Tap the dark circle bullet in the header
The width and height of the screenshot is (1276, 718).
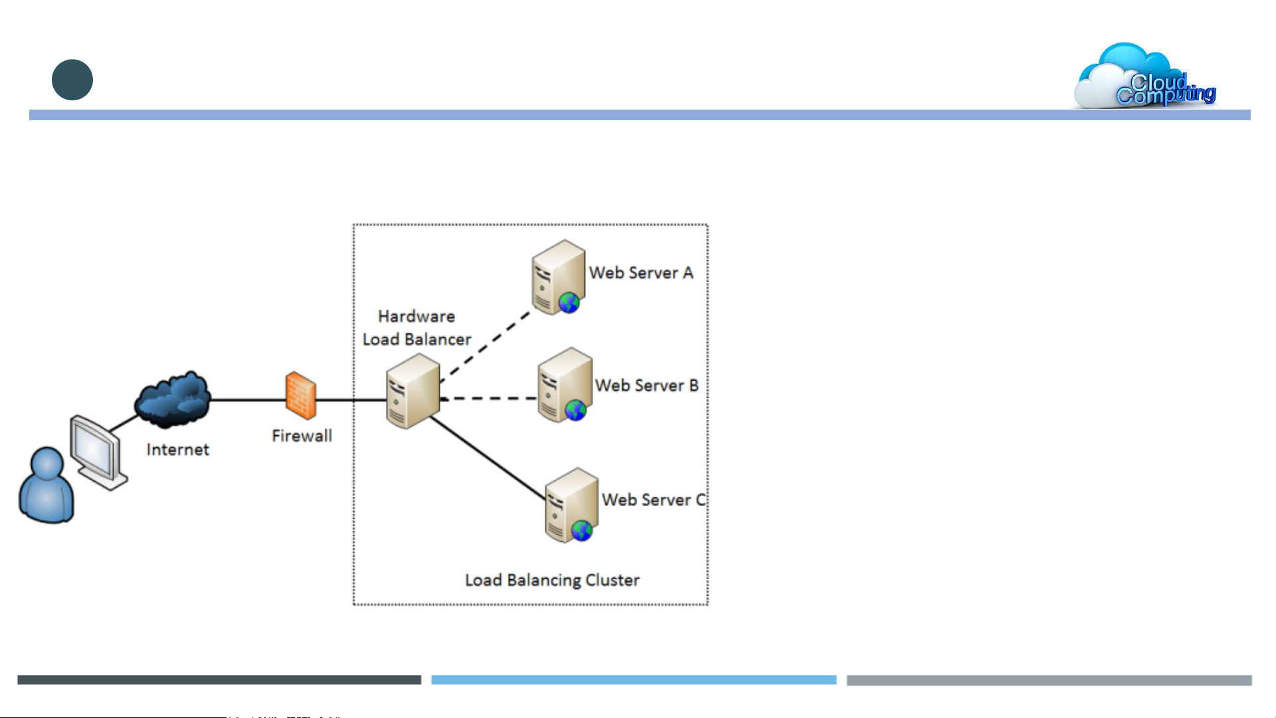(x=72, y=80)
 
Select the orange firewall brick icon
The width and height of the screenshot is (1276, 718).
(x=301, y=396)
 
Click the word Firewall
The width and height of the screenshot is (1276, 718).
(x=302, y=436)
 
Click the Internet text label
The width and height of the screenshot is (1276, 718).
(x=177, y=450)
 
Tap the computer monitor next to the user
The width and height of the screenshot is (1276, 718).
(x=98, y=451)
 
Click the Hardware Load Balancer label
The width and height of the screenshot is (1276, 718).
(x=416, y=328)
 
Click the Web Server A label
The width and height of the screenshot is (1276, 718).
(x=641, y=273)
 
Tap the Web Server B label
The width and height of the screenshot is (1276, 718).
(x=647, y=386)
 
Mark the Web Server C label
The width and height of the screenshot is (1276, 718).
(x=654, y=500)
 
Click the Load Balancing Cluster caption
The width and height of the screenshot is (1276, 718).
(x=552, y=581)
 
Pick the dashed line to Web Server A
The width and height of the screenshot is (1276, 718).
(x=485, y=347)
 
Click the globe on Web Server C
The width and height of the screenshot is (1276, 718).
(x=582, y=531)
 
